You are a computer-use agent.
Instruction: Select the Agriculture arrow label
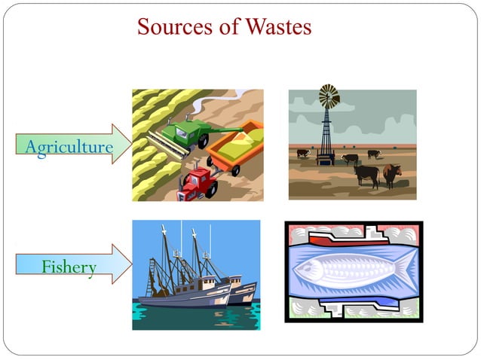click(68, 146)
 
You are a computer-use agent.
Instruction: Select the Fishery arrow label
click(68, 267)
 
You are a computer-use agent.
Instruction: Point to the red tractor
click(198, 182)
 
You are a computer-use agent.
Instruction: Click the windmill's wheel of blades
click(329, 96)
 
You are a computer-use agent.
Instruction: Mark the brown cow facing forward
click(391, 175)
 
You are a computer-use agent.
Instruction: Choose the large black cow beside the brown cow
click(367, 174)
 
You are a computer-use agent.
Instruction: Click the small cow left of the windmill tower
click(303, 154)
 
